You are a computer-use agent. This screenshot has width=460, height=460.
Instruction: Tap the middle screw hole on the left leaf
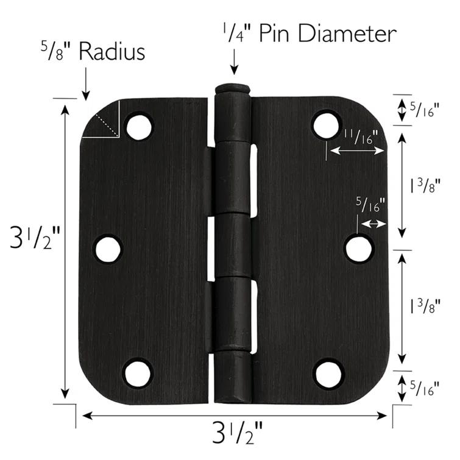(108, 249)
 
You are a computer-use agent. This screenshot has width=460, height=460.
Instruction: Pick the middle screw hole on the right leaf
(358, 249)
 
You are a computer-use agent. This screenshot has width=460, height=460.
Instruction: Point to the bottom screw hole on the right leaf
(328, 373)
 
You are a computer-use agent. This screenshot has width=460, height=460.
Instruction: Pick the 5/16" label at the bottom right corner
(424, 387)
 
